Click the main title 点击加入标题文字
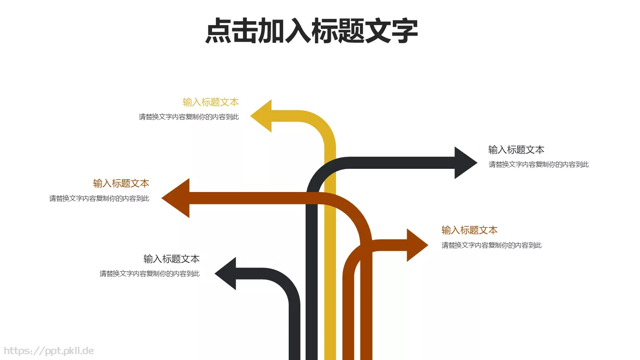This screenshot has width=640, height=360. coord(312,31)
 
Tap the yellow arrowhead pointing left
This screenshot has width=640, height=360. coord(263,116)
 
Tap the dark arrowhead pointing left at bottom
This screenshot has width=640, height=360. coord(227,274)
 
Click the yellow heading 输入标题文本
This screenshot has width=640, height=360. coord(210,102)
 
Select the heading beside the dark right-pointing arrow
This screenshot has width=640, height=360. coord(516,150)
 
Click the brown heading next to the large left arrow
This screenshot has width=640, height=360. coord(121,184)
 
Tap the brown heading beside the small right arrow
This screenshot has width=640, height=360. coord(469,230)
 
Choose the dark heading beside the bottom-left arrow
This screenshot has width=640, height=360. coord(171,259)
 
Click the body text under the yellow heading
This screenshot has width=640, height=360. coord(188,117)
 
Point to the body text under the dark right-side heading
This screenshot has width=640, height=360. coord(538,164)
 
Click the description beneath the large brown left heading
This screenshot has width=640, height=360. coord(99,198)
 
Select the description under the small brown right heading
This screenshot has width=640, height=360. coord(491,245)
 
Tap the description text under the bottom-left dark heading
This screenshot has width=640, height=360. coord(149,274)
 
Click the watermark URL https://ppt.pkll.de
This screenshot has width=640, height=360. coord(48,351)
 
